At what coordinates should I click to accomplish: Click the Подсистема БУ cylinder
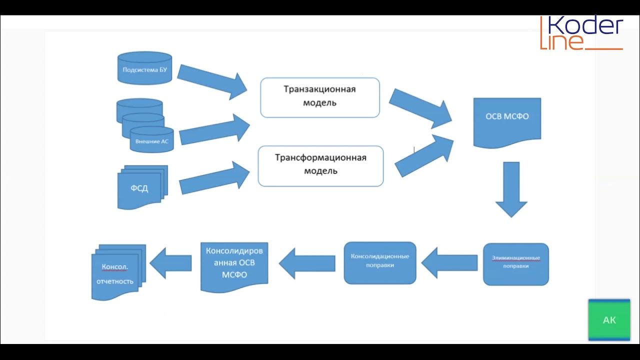click(145, 68)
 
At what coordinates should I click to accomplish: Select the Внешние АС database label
click(151, 141)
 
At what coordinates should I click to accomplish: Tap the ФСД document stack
click(142, 187)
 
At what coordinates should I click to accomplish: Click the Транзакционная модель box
click(320, 97)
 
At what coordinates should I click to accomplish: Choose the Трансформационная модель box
click(320, 166)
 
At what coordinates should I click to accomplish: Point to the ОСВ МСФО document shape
click(507, 123)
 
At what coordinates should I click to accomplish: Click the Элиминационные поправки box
click(516, 264)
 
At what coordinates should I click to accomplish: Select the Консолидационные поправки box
click(380, 263)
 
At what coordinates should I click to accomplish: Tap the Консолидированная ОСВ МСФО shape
click(234, 267)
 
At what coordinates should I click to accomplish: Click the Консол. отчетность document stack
click(118, 272)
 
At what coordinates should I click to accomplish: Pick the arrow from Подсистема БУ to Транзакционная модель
click(212, 82)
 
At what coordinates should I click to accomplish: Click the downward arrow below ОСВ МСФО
click(511, 189)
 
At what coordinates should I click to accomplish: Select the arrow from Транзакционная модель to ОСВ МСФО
click(420, 108)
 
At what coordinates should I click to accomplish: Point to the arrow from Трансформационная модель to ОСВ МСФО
click(424, 155)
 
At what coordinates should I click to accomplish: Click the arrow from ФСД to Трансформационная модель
click(214, 177)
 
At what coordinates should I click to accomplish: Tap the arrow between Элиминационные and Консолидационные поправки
click(449, 263)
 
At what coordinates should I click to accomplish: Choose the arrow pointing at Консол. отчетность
click(170, 263)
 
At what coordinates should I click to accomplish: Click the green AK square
click(609, 320)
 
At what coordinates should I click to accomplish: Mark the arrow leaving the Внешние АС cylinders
click(214, 129)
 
